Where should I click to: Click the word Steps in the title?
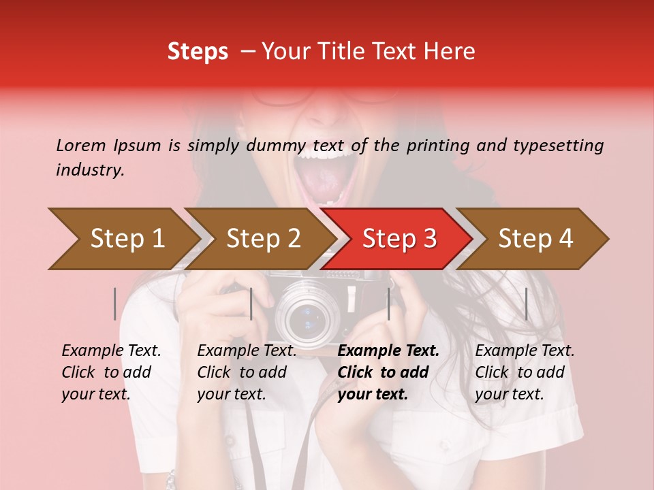pos(198,52)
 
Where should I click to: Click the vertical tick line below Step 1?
pos(115,304)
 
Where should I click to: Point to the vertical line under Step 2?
pos(251,304)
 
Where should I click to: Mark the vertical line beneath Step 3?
pos(388,304)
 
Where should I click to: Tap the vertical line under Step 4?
pos(526,304)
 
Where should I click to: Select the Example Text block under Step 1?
pos(111,372)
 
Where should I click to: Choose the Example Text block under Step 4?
pos(525,372)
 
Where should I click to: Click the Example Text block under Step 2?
pos(247,372)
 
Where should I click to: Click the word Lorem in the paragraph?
pos(81,145)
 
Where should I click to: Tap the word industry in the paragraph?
pos(90,170)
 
